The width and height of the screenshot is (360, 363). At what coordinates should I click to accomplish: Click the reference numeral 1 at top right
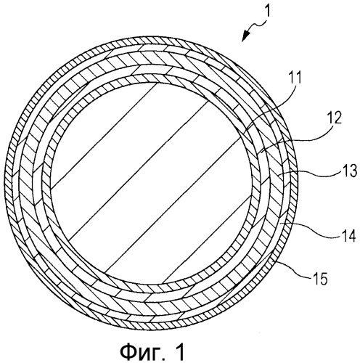click(x=267, y=9)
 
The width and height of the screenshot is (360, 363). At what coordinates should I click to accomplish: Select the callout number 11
click(x=294, y=78)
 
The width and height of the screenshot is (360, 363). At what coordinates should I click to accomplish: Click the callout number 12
click(x=333, y=118)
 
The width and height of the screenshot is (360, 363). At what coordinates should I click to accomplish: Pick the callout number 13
click(x=348, y=171)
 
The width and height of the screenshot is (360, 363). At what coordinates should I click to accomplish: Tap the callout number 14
click(x=347, y=234)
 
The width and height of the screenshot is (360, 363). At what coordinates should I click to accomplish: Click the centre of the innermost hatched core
click(x=150, y=183)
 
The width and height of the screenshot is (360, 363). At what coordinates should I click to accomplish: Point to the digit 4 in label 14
click(x=351, y=234)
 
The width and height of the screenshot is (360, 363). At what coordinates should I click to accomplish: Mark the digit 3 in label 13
click(x=353, y=171)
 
